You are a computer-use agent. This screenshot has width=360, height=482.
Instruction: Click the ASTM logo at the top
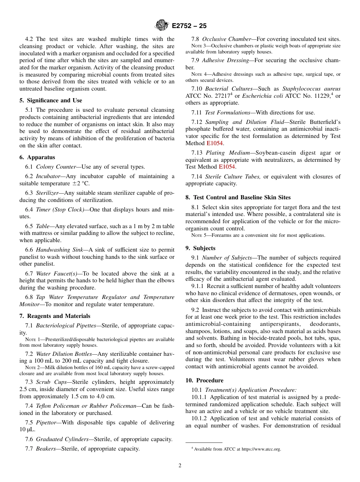[x=162, y=26]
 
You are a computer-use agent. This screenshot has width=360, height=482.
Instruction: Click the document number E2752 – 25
[x=189, y=26]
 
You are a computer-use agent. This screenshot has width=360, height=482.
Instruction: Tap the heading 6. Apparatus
[x=37, y=157]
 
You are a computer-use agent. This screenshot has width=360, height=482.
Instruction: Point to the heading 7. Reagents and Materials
[x=55, y=316]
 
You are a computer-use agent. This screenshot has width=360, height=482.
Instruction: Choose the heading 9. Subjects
[x=200, y=248]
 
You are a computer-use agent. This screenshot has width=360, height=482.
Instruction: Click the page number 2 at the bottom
[x=180, y=466]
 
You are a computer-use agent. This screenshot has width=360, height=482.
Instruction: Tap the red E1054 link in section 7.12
[x=214, y=143]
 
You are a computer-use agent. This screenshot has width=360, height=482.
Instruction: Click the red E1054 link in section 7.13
[x=227, y=167]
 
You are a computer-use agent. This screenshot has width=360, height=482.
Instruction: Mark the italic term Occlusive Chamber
[x=226, y=39]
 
